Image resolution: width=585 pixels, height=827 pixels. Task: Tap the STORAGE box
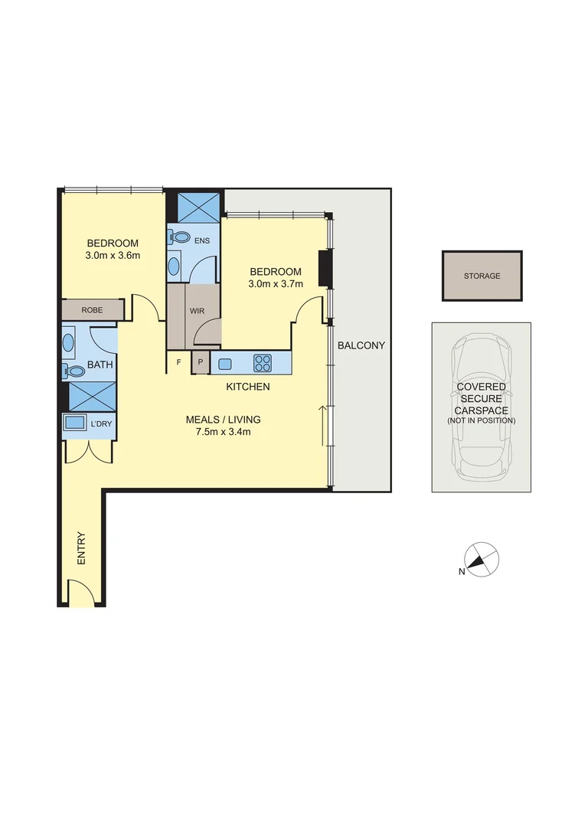click(482, 276)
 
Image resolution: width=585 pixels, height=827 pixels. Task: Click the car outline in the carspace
click(481, 406)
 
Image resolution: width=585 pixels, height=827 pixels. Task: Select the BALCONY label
click(361, 345)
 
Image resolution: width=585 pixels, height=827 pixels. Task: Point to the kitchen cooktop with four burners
click(263, 363)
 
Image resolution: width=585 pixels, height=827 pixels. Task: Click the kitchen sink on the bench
click(225, 363)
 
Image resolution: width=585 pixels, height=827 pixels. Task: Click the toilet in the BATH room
click(74, 371)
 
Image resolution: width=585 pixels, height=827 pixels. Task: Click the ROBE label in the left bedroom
click(92, 309)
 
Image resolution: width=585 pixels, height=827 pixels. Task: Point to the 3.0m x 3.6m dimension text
click(112, 256)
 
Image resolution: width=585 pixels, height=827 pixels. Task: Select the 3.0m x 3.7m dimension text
click(276, 284)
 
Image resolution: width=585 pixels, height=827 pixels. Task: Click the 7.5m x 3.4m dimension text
click(223, 431)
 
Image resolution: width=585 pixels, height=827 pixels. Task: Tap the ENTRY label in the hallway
click(81, 548)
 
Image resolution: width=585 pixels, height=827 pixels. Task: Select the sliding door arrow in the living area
click(323, 429)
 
